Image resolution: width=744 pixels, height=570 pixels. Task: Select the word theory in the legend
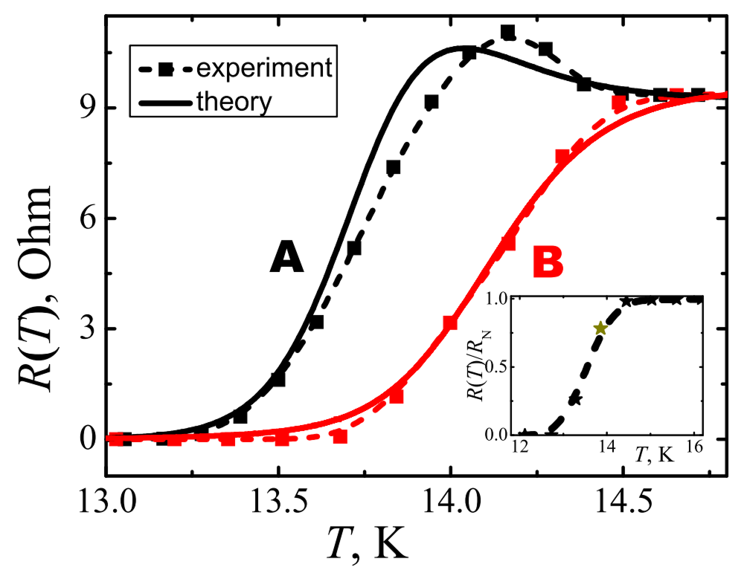[234, 101]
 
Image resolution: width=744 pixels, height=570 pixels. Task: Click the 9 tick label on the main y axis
[87, 109]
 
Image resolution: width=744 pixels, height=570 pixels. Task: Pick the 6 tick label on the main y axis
[87, 219]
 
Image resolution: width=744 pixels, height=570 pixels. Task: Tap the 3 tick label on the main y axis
[87, 329]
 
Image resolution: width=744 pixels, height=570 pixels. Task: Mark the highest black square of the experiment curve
[507, 32]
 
